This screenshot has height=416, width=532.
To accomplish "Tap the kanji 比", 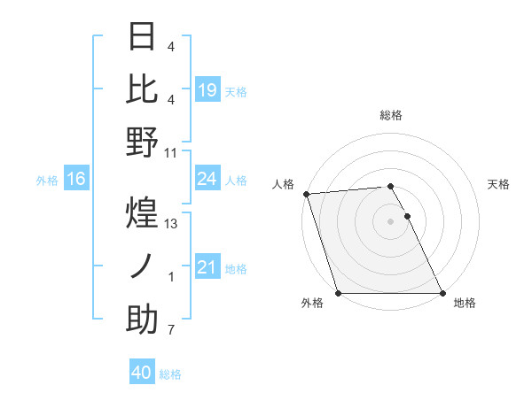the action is click(x=143, y=89).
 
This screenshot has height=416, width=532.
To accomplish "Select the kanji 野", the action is click(x=143, y=143).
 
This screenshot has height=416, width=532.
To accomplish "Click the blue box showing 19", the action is click(x=207, y=89).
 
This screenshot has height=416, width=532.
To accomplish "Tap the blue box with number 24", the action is click(x=207, y=180).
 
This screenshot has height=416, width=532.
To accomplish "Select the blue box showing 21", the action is click(x=207, y=267).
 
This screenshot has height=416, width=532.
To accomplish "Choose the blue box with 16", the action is click(x=76, y=180).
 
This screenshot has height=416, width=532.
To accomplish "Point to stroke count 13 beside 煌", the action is click(x=172, y=224).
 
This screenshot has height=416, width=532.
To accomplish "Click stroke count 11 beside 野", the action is click(x=172, y=153).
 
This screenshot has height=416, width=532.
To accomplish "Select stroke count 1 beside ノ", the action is click(x=171, y=277).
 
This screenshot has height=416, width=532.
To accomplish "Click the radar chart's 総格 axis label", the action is click(x=391, y=115).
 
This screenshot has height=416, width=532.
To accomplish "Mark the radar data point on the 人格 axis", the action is click(x=306, y=194).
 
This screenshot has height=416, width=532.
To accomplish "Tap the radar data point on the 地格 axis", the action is click(x=442, y=293).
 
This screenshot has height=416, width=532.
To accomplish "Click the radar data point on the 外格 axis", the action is click(x=339, y=293).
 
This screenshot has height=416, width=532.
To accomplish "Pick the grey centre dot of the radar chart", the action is click(x=391, y=221).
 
